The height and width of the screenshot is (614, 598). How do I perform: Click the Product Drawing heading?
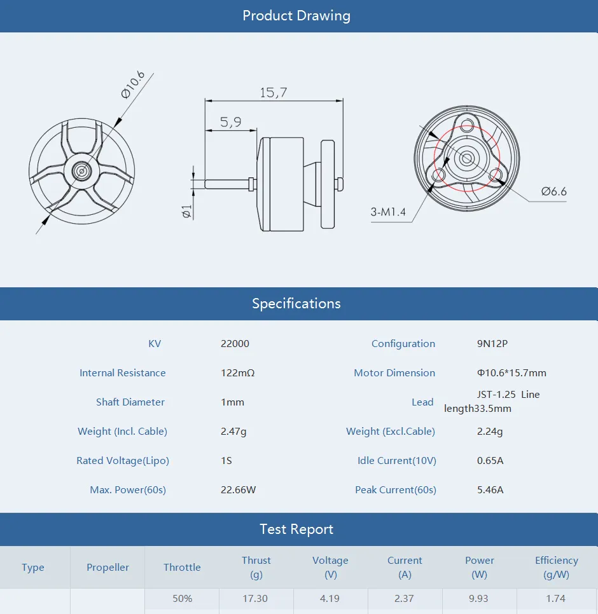point(296,16)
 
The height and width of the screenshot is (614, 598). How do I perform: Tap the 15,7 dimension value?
point(273,93)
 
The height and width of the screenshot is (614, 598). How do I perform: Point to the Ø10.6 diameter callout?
point(132,85)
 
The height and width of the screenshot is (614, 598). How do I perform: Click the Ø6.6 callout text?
point(553,191)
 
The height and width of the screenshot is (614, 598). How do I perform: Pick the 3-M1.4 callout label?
point(388,212)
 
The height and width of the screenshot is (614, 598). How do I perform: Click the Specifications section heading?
point(296,304)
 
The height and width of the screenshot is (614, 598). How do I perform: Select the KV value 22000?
point(235,344)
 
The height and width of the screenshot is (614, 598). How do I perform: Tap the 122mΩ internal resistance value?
point(237,373)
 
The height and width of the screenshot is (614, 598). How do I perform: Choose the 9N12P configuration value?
point(492,344)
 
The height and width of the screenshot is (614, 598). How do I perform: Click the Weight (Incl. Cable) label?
point(122,432)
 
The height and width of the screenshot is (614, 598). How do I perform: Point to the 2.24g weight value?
point(490,432)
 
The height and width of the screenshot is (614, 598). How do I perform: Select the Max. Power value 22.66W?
point(239,490)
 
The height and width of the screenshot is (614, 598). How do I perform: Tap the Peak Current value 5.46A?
point(490,490)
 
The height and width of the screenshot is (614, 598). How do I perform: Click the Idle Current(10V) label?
point(396,461)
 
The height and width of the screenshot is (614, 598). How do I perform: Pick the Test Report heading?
point(296,529)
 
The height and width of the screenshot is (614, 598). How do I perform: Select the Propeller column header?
point(108,568)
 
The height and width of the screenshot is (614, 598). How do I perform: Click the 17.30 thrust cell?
point(256,599)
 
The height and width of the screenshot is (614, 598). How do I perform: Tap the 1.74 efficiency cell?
point(556,599)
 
